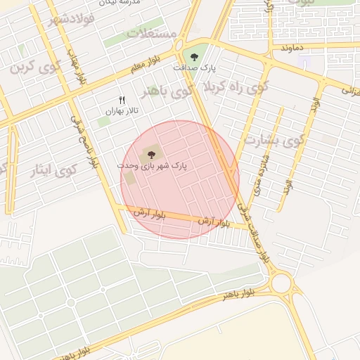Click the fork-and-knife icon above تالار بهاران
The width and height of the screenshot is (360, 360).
coord(122,100)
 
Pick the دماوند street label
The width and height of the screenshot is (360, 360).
coord(291,47)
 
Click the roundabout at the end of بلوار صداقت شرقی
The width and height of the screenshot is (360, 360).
coord(282,283)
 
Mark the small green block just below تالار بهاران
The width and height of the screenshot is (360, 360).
coord(103,122)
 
